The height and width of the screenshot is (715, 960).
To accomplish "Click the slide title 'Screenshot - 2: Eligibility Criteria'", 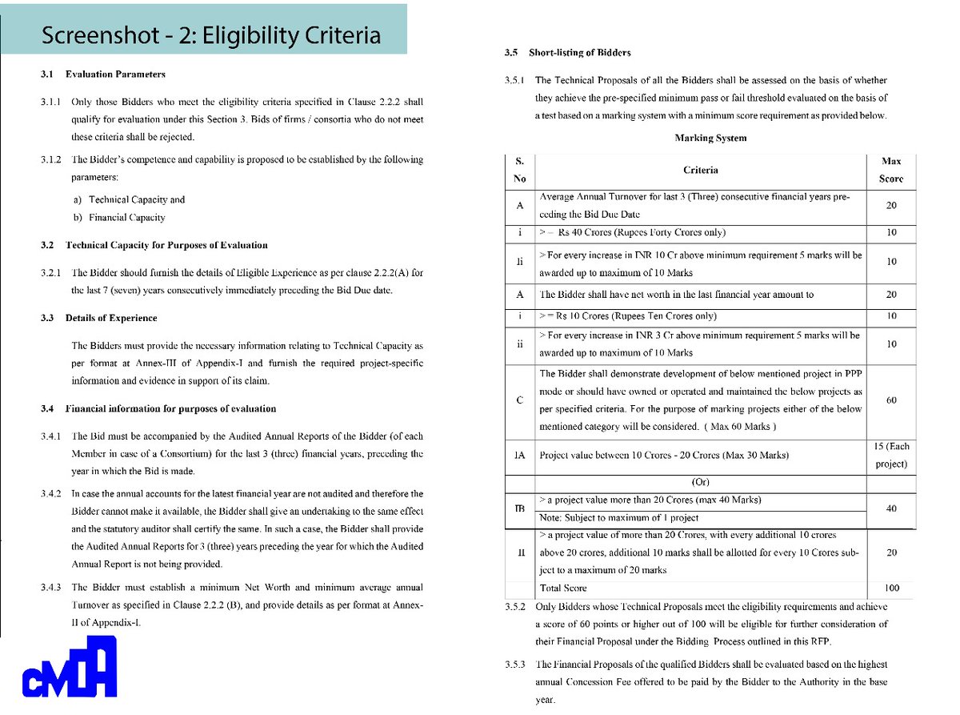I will [211, 36].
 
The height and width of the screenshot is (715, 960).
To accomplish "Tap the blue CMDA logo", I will [70, 667].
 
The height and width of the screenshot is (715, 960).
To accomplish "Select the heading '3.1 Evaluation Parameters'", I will [103, 74].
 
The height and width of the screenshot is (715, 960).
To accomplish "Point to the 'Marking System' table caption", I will [710, 138].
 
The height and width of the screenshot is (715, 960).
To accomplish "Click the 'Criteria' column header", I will [700, 170].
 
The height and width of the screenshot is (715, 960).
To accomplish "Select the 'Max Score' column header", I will [890, 170].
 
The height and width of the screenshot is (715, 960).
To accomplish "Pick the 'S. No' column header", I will [519, 170].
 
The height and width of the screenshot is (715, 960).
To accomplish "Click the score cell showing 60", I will [891, 400].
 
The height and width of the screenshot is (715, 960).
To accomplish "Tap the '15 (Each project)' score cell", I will [891, 455].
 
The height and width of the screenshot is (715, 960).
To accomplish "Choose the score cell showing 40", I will [891, 508].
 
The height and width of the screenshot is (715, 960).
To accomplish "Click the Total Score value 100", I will [891, 588].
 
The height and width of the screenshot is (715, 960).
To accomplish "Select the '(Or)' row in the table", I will [702, 483].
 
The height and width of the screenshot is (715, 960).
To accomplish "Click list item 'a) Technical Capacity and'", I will [129, 199].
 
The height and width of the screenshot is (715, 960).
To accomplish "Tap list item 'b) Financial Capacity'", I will [119, 217].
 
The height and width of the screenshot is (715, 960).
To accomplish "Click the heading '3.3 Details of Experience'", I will [99, 318].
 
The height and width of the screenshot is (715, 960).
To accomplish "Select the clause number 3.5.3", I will [516, 664].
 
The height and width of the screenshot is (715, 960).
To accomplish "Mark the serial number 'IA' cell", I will [519, 455].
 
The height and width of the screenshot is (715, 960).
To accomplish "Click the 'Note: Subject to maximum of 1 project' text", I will [619, 517].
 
